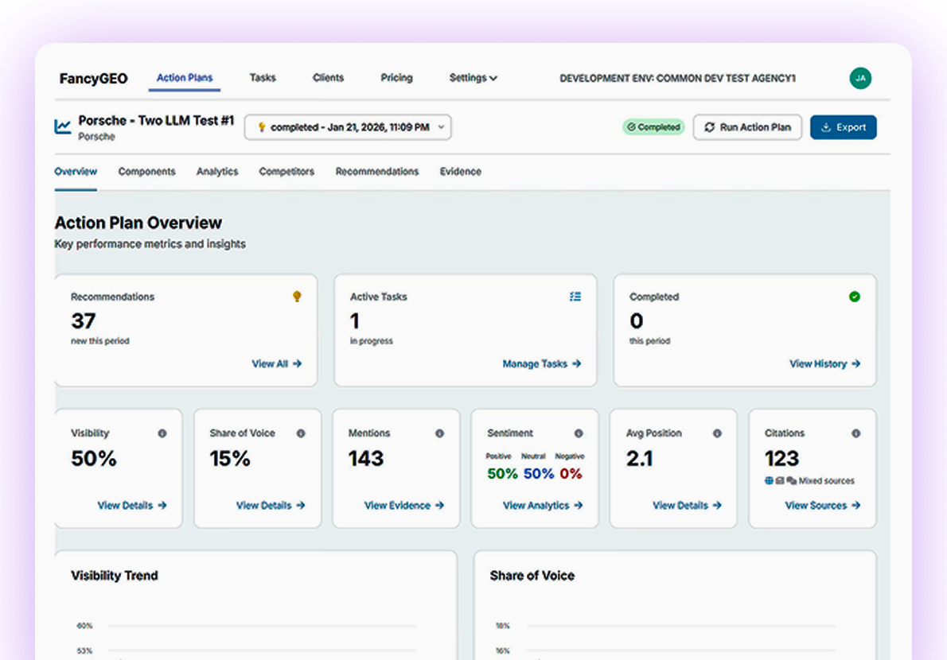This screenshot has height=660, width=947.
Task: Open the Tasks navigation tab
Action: pos(263,78)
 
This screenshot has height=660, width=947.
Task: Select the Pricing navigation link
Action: pos(396,78)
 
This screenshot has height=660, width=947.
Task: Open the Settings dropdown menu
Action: pos(473,78)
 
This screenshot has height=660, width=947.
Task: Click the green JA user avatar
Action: pos(860,78)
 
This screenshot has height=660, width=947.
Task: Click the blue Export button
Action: pos(843,127)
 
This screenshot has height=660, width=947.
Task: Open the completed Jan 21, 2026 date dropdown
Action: pos(348,127)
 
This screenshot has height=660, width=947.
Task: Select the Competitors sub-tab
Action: pos(286,172)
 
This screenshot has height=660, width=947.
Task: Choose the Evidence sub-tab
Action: pos(460,172)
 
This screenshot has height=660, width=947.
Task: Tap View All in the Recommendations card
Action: pos(276,364)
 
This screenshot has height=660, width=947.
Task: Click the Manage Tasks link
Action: pos(541,364)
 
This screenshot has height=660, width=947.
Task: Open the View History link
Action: pos(824,364)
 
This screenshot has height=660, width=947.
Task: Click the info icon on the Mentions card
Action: pos(439,433)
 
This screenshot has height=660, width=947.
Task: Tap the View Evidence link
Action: pos(403,506)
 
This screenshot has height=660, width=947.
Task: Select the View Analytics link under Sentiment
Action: pos(542,506)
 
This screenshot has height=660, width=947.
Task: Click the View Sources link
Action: pos(822,506)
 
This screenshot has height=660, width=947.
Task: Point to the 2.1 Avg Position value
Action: pos(640,459)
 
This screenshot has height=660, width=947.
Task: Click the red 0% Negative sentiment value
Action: pos(571,474)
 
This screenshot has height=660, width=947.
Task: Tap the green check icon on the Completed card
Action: pos(855,297)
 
